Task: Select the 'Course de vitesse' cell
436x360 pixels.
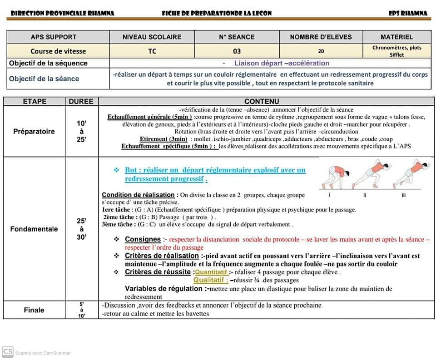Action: point(58,51)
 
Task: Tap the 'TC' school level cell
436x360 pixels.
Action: point(152,51)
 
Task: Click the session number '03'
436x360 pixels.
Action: point(237,51)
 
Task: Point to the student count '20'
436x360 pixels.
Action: point(321,51)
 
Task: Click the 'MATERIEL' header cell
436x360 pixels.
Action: point(396,37)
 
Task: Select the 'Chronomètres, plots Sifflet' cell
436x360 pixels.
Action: point(396,51)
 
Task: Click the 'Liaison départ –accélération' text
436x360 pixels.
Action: point(282,64)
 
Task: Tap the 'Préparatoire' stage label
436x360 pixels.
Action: point(34,132)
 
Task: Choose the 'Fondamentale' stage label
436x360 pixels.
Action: point(34,229)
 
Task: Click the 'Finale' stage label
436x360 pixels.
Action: point(34,310)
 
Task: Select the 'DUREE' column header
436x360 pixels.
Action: point(81,102)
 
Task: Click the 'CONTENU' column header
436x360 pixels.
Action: point(262,102)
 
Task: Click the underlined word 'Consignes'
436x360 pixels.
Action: point(143,239)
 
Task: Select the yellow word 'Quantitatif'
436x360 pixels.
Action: point(211,272)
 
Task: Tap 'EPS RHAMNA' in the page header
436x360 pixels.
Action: point(408,13)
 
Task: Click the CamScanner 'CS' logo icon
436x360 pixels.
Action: point(7,352)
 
